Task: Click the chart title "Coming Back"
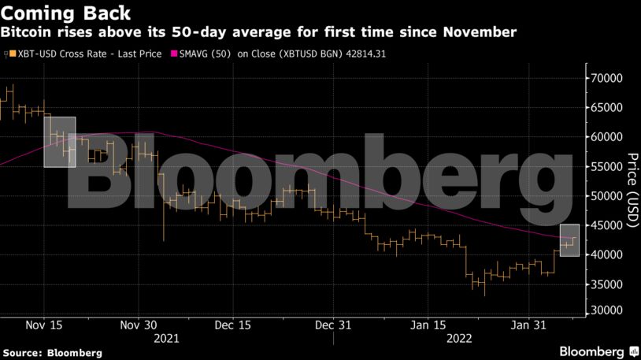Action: [65, 13]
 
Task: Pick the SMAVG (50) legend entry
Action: [209, 54]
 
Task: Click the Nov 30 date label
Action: [140, 324]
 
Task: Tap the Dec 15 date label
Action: [233, 324]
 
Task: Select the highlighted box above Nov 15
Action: [60, 142]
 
